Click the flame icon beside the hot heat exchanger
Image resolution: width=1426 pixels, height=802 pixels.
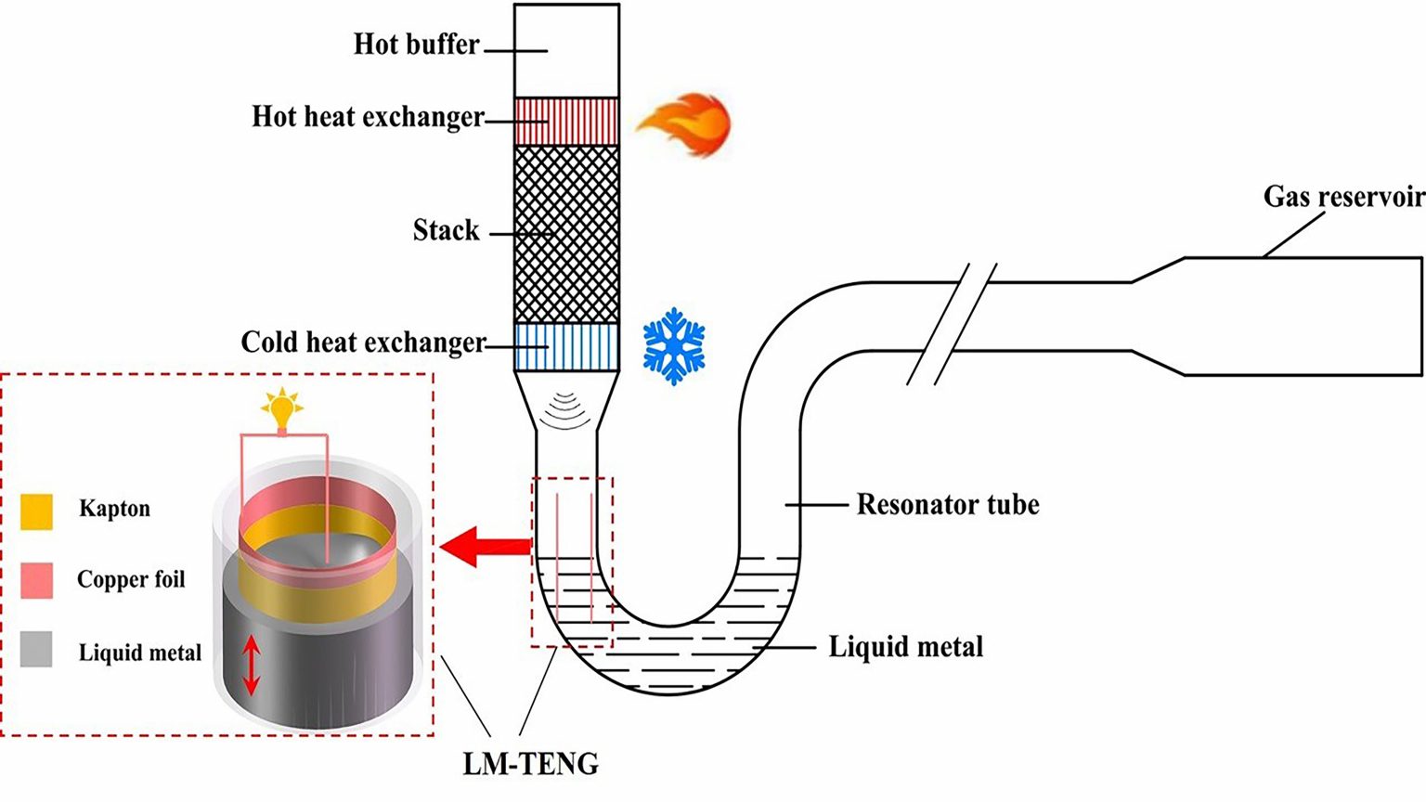point(684,124)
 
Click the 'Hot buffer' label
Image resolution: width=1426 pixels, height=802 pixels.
point(416,45)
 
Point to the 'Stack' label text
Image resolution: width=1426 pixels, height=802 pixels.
point(446,230)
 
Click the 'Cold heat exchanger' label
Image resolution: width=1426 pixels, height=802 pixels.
point(363,343)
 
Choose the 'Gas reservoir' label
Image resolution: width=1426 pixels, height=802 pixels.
point(1342,197)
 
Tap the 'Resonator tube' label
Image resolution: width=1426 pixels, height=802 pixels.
point(947,504)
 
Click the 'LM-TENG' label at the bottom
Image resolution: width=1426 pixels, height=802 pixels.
point(531,764)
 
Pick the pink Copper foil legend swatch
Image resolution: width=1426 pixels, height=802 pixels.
point(36,580)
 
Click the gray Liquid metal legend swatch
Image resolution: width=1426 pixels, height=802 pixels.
point(36,650)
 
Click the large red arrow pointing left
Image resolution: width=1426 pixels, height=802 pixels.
point(485,547)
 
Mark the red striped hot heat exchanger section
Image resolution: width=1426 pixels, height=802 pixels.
point(566,122)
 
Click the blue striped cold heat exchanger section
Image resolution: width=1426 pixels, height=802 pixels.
point(566,347)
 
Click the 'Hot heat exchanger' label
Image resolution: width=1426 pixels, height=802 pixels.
point(368,117)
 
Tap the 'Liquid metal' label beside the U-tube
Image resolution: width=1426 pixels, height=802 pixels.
point(905,646)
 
